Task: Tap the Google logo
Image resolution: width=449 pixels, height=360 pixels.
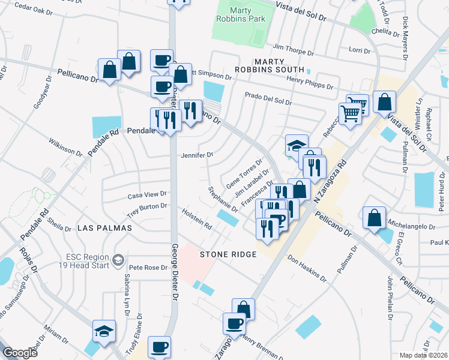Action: click(x=20, y=353)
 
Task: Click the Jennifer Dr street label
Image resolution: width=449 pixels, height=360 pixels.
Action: click(x=197, y=155)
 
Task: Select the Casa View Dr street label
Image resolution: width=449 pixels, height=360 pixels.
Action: click(x=147, y=196)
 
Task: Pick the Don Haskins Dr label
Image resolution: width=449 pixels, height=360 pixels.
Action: click(x=307, y=270)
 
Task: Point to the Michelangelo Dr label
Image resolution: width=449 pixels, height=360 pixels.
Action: click(x=412, y=227)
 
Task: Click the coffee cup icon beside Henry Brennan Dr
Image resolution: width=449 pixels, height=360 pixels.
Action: click(x=235, y=323)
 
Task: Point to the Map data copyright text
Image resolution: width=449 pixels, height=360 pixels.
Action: click(x=424, y=355)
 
